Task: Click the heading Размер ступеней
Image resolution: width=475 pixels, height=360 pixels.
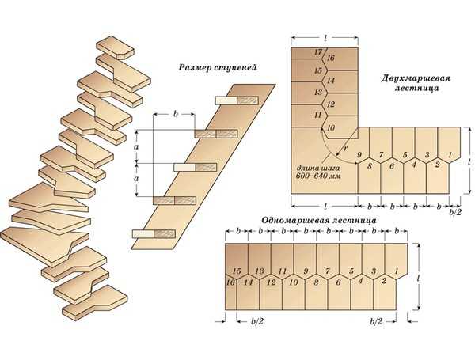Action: (215, 69)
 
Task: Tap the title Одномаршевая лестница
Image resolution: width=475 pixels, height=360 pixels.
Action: (317, 219)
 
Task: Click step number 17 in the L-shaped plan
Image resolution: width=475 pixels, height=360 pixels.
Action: (317, 52)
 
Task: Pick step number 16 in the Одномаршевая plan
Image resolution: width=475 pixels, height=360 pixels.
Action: (230, 282)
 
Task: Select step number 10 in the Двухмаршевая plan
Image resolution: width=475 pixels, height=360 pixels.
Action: (330, 127)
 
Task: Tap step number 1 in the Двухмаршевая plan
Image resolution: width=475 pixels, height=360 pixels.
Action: (450, 154)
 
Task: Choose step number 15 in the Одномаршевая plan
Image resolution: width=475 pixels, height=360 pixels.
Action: (236, 271)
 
